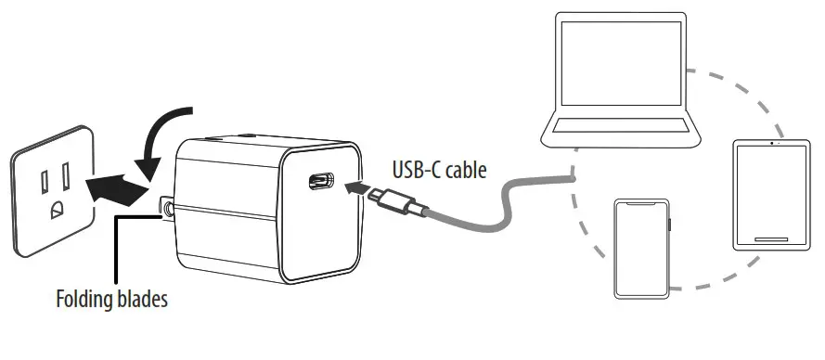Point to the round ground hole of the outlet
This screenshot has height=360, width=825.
tap(57, 207)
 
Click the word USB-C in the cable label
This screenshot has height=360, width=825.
tap(411, 170)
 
